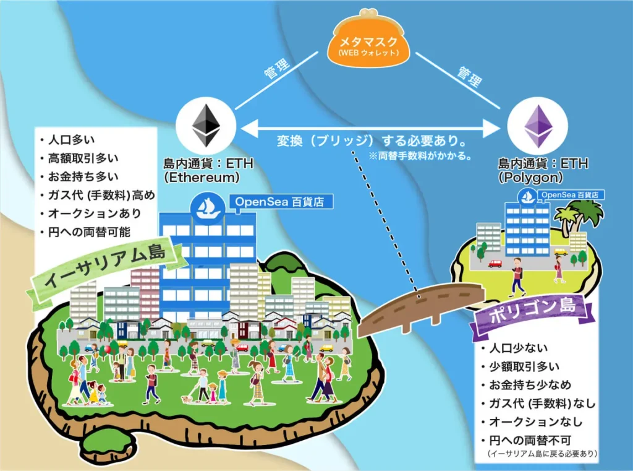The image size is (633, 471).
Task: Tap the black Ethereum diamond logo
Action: tap(206, 125)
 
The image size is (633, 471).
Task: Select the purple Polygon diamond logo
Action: tap(538, 126)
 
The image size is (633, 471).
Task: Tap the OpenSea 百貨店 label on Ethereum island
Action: tap(280, 201)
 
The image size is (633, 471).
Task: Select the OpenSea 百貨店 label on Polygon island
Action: tap(570, 195)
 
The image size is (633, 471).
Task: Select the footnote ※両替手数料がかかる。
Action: tap(420, 155)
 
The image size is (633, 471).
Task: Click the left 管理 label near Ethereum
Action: tap(277, 67)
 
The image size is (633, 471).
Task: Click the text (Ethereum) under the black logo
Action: tap(202, 177)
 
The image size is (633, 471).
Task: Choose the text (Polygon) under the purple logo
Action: tap(530, 177)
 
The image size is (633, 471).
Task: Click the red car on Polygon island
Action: tap(495, 264)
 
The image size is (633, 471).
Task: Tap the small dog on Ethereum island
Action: tap(187, 399)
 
